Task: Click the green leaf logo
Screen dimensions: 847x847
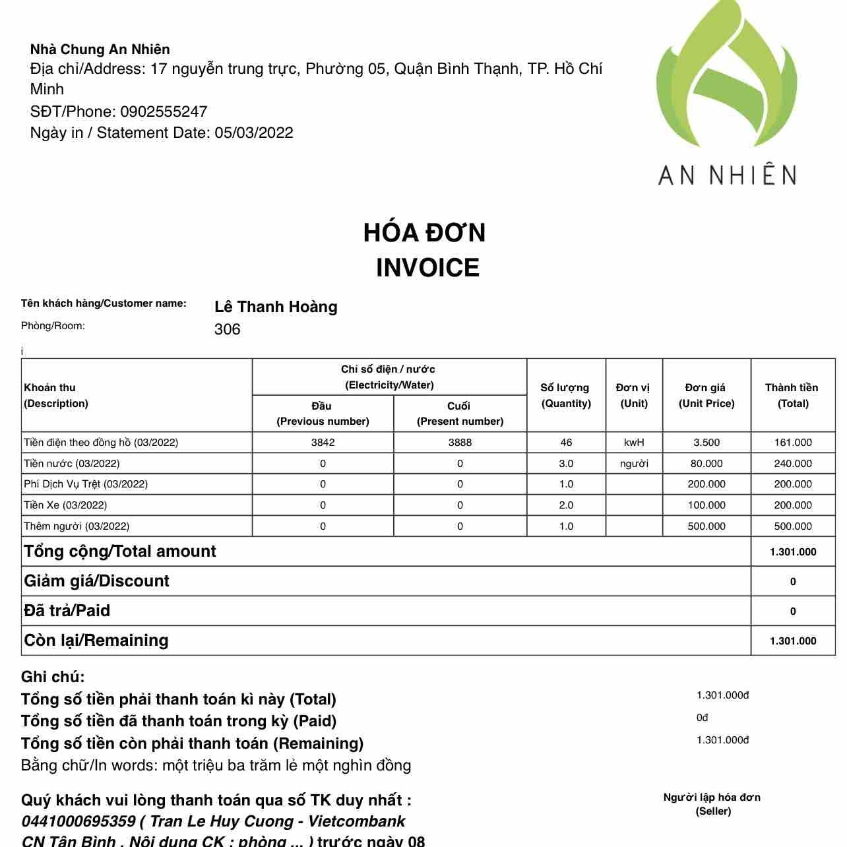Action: (x=726, y=76)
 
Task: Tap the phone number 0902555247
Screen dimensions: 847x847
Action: (x=164, y=111)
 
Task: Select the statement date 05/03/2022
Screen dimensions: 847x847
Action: (x=254, y=133)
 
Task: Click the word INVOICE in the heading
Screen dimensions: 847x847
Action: (x=427, y=268)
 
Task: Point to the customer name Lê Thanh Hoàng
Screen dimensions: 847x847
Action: (x=276, y=307)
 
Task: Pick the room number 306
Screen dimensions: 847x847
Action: (x=227, y=329)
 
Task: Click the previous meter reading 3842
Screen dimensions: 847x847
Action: (x=323, y=443)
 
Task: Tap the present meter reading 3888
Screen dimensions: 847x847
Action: (x=460, y=443)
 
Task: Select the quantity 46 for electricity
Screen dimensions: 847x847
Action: (x=566, y=443)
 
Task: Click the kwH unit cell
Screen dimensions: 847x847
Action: (x=634, y=443)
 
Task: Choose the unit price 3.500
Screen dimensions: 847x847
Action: (x=706, y=443)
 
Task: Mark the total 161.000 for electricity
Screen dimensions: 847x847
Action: (x=793, y=443)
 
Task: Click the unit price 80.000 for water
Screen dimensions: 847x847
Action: (x=706, y=464)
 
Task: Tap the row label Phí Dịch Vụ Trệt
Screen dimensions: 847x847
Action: (x=86, y=484)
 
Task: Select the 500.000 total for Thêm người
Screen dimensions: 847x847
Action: (x=793, y=526)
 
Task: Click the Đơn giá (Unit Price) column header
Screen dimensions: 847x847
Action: (x=706, y=395)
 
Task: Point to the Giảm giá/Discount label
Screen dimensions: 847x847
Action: (x=96, y=581)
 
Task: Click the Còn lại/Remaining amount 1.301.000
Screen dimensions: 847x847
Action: (x=793, y=641)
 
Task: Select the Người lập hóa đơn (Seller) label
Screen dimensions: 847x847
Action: (x=712, y=804)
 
